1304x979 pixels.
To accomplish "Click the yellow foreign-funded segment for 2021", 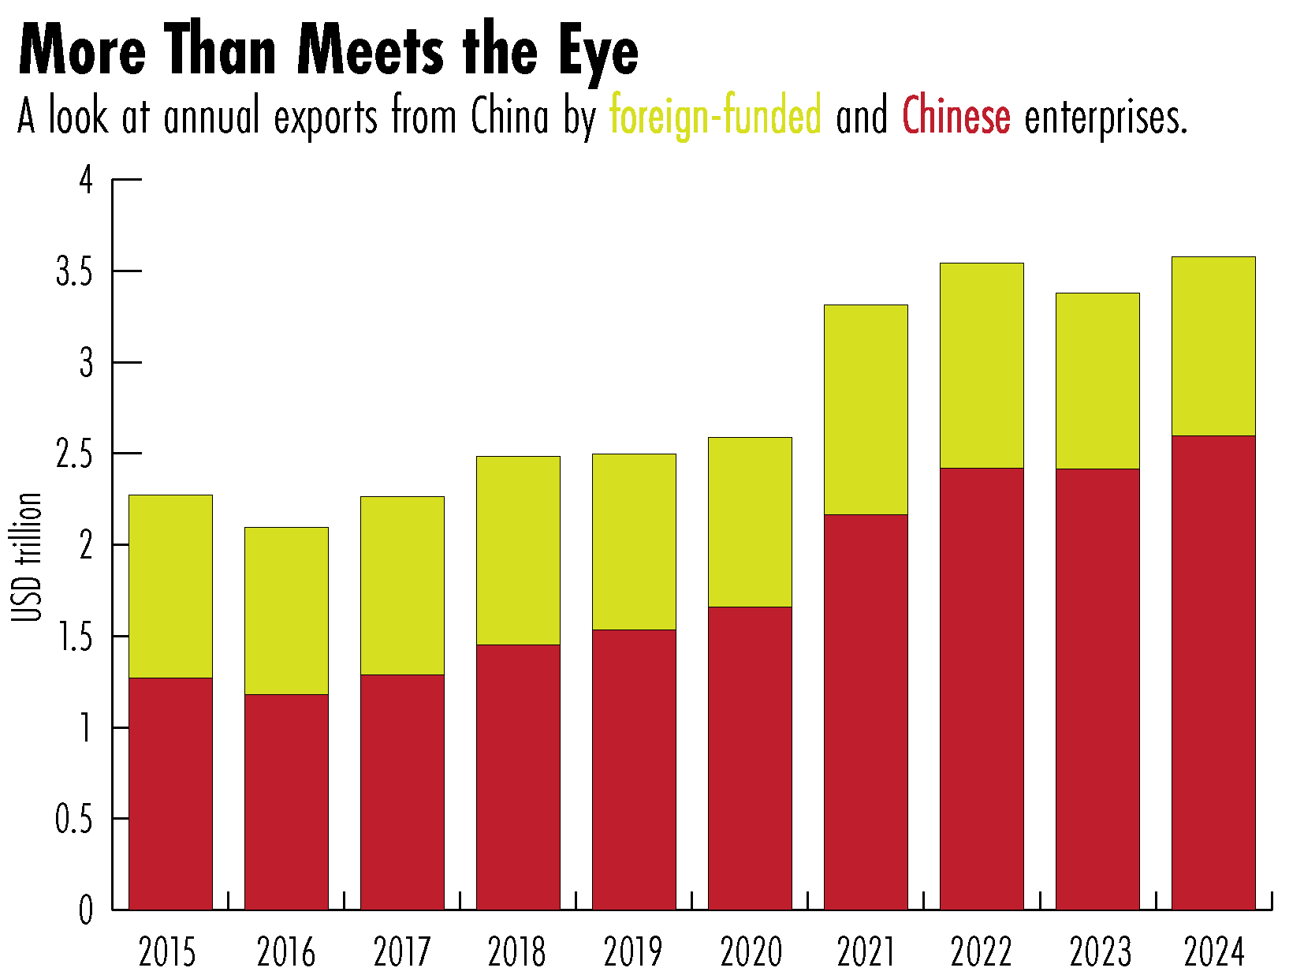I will tap(866, 409).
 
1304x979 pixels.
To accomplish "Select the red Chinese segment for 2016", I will tap(286, 802).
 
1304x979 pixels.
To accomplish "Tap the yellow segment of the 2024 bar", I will tap(1213, 346).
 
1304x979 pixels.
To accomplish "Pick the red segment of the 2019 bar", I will tap(634, 769).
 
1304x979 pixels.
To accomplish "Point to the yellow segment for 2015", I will tap(170, 586).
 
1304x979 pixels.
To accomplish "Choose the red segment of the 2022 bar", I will tap(982, 689).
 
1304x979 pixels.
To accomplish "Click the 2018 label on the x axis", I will tap(516, 952).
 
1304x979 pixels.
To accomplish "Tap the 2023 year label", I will tap(1100, 952).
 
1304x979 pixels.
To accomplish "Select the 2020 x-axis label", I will tap(751, 952).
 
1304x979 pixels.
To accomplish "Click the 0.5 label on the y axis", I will tap(73, 820).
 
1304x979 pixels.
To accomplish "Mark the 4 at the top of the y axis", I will tap(86, 181).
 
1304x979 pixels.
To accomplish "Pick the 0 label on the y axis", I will tap(86, 911).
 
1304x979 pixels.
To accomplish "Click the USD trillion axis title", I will tap(28, 557).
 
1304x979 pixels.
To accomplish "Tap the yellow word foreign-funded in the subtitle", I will tap(715, 116).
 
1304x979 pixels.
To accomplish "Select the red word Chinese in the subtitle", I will tap(956, 116).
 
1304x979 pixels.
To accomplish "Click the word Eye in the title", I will tap(599, 51).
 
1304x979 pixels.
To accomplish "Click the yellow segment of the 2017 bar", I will tap(402, 585).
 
